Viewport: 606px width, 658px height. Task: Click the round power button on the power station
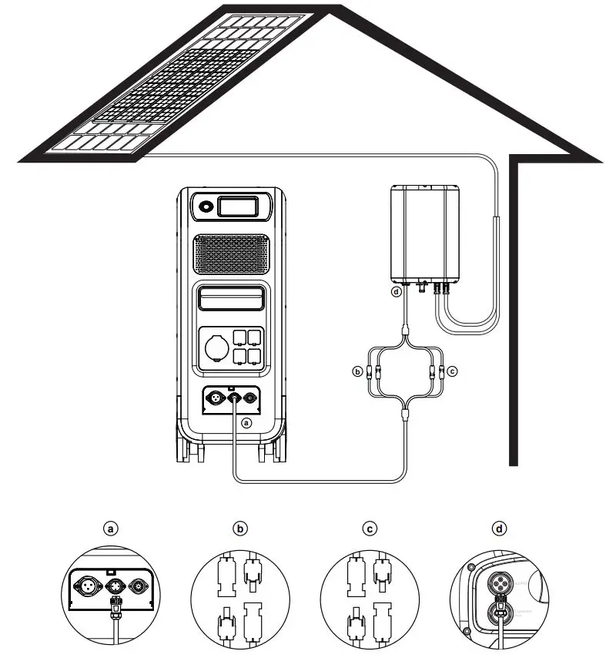[206, 206]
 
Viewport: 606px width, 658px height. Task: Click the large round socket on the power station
[215, 345]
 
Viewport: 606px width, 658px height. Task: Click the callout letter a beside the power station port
[246, 422]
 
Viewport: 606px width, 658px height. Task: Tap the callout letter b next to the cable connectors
[357, 372]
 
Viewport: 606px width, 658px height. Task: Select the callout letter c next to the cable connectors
[452, 372]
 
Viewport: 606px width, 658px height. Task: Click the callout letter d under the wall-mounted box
[396, 293]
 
